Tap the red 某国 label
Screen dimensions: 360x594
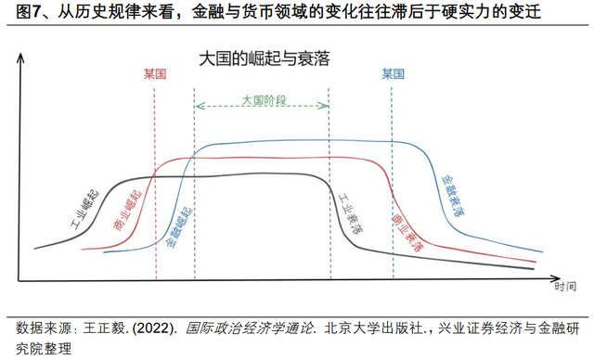pyautogui.click(x=155, y=74)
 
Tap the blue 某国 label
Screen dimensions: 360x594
pyautogui.click(x=393, y=74)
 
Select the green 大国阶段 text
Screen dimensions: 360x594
pyautogui.click(x=263, y=99)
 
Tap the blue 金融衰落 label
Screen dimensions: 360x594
pyautogui.click(x=452, y=196)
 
